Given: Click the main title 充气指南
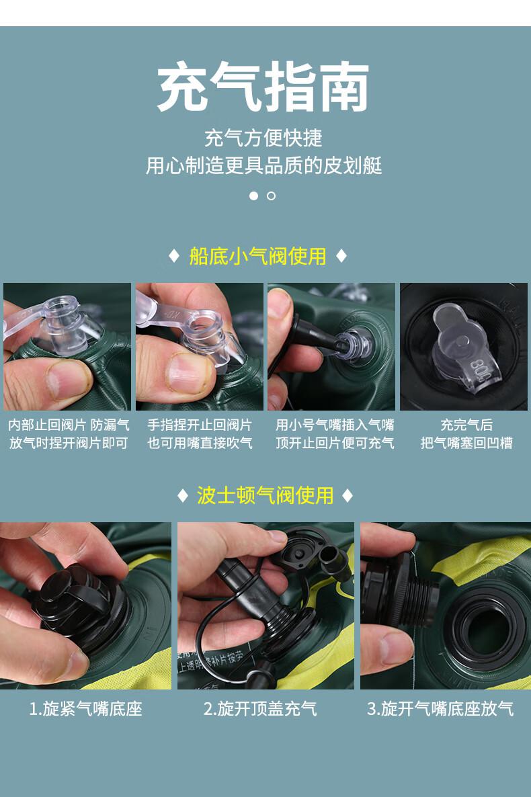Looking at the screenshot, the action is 263,87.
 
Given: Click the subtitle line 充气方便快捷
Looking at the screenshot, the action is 263,138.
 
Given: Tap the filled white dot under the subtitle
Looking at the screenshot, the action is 254,196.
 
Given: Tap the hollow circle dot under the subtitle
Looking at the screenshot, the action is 271,196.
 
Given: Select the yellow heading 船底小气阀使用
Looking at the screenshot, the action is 257,256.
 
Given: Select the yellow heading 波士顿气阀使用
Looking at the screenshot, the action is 265,495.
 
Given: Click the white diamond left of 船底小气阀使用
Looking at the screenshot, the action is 174,256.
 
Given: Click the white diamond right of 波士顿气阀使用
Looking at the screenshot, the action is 348,495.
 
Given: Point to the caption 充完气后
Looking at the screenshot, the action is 466,425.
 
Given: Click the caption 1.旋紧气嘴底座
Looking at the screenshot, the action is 85,708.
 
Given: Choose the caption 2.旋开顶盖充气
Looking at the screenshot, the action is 260,708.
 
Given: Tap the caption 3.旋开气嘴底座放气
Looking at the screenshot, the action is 440,708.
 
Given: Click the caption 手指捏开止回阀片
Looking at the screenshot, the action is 200,425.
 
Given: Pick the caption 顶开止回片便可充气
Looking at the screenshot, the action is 335,443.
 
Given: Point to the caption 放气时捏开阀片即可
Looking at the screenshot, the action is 69,443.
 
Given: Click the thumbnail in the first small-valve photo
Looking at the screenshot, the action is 69,379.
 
